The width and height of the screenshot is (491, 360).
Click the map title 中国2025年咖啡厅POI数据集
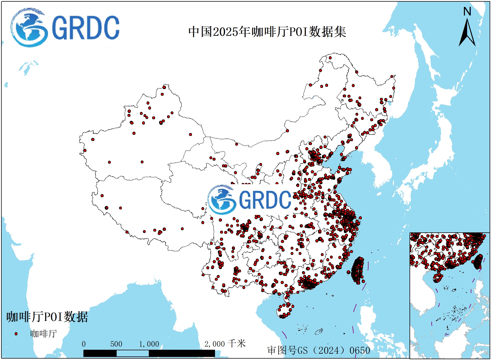tap(267, 32)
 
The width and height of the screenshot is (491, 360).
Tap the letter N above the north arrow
tap(467, 12)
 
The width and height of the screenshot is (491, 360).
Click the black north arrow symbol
tap(467, 33)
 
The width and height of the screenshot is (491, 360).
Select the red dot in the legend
tap(16, 334)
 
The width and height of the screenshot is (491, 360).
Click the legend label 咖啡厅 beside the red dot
tap(44, 334)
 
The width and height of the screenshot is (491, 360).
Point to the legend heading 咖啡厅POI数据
tap(47, 317)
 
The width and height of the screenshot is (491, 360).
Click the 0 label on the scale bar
tap(84, 344)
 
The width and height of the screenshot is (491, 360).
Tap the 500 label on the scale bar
tap(116, 344)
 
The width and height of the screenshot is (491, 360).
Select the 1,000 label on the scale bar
tap(149, 344)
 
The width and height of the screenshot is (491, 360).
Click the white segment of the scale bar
tap(132, 353)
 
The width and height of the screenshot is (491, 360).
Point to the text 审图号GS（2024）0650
tap(319, 350)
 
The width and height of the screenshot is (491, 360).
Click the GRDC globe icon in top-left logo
tap(28, 28)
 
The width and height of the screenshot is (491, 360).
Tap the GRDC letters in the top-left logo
tap(86, 28)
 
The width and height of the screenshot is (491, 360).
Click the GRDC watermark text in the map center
tap(265, 200)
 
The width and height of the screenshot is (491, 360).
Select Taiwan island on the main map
tap(358, 270)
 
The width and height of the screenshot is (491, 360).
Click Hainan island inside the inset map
tap(438, 277)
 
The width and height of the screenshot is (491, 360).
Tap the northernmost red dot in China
tap(330, 58)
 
